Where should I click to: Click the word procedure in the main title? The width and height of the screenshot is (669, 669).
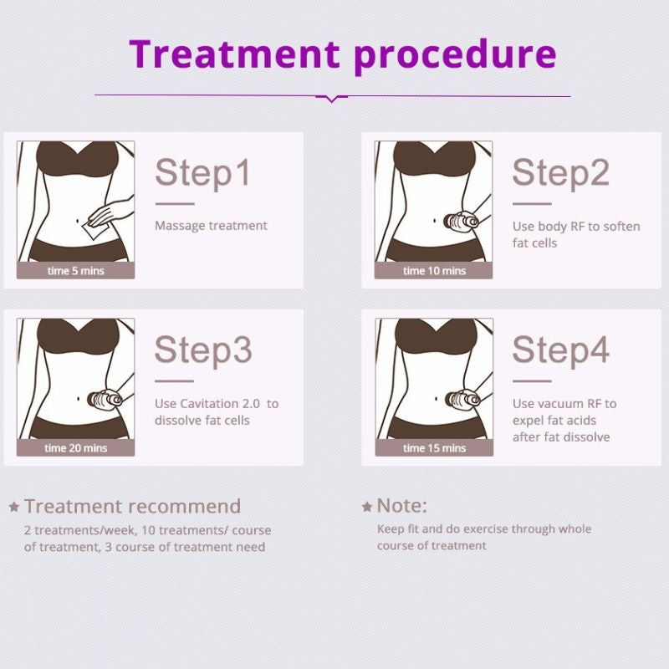click(455, 55)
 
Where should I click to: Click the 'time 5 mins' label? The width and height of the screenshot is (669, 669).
click(75, 271)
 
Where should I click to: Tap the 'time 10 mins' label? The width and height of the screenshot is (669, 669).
click(434, 271)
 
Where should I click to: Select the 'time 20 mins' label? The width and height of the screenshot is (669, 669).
click(75, 448)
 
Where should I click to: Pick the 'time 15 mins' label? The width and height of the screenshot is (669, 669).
click(434, 448)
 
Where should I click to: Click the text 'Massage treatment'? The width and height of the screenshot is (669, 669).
click(211, 226)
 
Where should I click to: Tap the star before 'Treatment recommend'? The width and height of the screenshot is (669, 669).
click(14, 507)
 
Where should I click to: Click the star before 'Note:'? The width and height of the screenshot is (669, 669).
click(367, 507)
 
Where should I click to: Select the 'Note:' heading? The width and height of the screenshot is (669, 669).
click(401, 506)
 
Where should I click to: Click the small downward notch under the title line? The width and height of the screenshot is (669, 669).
click(332, 99)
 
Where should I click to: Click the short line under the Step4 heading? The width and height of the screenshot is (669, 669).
click(531, 380)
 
